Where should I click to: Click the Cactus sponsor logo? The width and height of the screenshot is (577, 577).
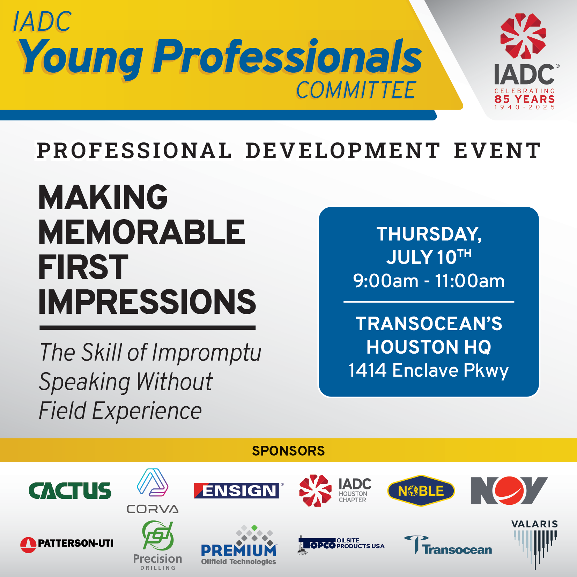(x=70, y=490)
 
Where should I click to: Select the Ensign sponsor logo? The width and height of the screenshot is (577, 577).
(x=239, y=490)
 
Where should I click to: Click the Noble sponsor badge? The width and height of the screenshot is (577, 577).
(x=421, y=491)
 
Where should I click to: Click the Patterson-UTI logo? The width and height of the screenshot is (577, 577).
(x=67, y=543)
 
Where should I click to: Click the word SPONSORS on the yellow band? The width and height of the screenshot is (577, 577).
(x=288, y=451)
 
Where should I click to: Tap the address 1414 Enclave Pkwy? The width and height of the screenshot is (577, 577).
(x=429, y=370)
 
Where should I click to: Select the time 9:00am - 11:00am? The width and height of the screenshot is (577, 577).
(x=429, y=281)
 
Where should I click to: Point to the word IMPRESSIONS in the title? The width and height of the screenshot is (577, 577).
(x=147, y=302)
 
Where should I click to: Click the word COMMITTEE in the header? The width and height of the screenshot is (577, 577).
(x=356, y=90)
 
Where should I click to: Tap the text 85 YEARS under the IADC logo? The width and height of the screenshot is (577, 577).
(x=525, y=99)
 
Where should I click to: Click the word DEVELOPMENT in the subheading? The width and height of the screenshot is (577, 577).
(x=343, y=150)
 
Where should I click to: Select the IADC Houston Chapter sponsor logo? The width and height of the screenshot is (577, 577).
(x=335, y=490)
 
